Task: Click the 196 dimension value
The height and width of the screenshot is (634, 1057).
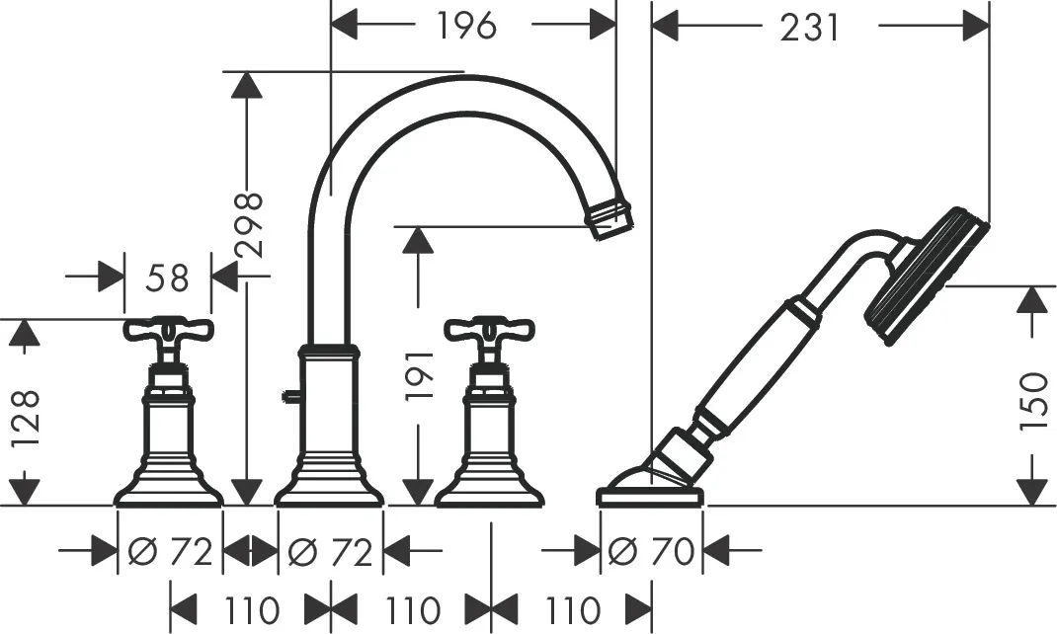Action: click(x=466, y=27)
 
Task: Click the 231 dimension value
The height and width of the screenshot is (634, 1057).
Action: click(x=810, y=28)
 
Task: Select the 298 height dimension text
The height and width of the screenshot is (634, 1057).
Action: click(x=250, y=225)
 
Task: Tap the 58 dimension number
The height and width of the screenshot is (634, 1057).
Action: click(x=167, y=279)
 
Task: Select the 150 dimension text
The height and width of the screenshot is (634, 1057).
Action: click(x=1032, y=401)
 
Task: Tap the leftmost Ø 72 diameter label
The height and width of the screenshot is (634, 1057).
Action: click(x=170, y=552)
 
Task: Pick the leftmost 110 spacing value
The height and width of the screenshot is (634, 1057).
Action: click(x=247, y=608)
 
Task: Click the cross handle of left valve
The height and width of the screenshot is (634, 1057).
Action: click(x=169, y=331)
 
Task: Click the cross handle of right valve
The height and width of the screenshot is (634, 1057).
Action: click(x=489, y=331)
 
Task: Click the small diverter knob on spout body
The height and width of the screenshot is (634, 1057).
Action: click(x=287, y=398)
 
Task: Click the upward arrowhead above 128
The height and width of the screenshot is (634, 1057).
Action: click(x=27, y=337)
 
